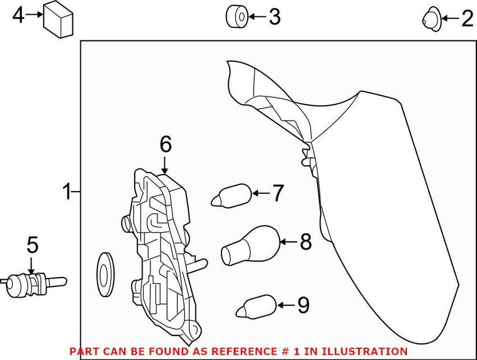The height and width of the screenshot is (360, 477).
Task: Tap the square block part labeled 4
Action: point(59,19)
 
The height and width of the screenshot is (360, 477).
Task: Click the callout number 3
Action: point(274,17)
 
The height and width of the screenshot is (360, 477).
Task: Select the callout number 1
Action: point(67,193)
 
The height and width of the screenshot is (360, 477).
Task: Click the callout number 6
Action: point(165,145)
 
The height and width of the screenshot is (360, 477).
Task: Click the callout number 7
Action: point(278,193)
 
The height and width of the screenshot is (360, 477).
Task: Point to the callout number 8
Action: point(305,242)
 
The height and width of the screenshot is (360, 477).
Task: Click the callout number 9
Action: point(303,305)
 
